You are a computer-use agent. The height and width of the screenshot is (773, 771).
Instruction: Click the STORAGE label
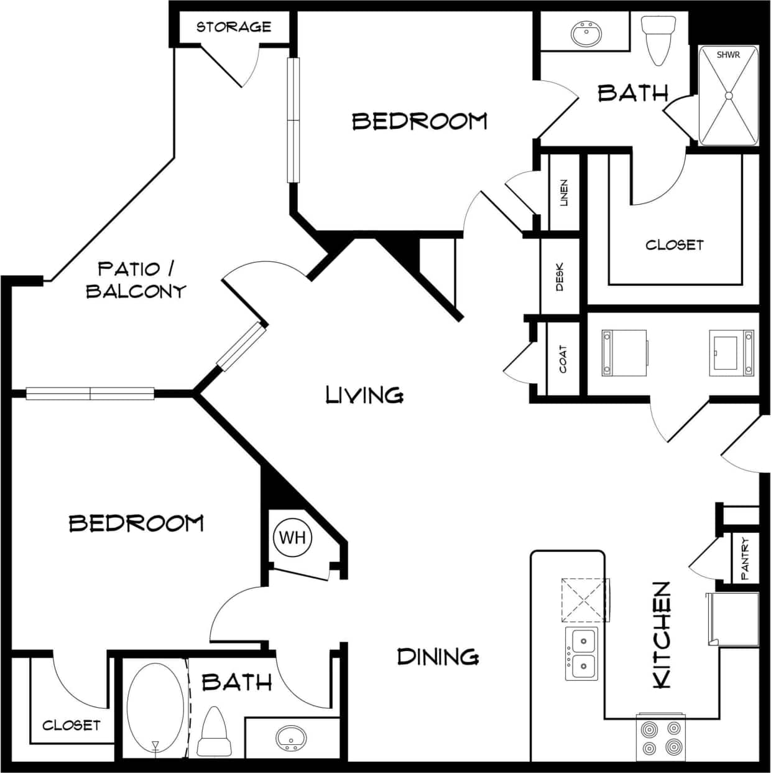[x=234, y=27]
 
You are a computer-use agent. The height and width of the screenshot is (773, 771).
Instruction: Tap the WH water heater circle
[x=292, y=537]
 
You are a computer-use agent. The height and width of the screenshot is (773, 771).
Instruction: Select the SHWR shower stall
[x=728, y=96]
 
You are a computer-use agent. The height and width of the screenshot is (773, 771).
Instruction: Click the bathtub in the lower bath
[x=155, y=710]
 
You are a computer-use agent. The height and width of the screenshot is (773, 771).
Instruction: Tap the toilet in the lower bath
[x=215, y=732]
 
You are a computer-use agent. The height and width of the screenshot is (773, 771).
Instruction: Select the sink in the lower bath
[x=290, y=737]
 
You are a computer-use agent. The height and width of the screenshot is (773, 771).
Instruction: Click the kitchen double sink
[x=582, y=654]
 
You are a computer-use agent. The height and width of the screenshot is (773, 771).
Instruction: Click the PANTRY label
[x=745, y=558]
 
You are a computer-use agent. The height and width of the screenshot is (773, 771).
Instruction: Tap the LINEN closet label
[x=564, y=193]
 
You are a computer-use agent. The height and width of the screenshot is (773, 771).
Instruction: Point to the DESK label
[x=560, y=277]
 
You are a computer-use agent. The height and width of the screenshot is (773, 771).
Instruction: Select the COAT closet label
[x=563, y=359]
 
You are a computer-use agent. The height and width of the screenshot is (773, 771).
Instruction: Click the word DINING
[x=438, y=657]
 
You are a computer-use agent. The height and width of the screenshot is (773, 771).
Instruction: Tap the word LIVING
[x=365, y=395]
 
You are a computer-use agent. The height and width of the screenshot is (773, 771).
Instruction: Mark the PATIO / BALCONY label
[x=136, y=280]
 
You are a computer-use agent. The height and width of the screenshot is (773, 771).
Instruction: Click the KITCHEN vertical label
[x=661, y=635]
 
